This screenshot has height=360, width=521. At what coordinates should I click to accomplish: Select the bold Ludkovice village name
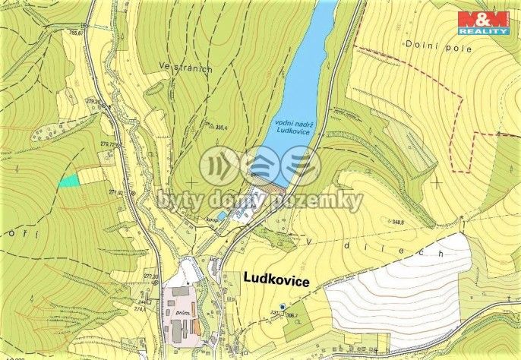click(x=276, y=281)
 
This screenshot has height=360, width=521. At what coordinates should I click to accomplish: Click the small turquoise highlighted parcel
click(x=69, y=181)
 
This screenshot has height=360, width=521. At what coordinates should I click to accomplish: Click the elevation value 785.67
click(x=75, y=33)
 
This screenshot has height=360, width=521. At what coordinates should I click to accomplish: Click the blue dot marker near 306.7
click(x=283, y=307)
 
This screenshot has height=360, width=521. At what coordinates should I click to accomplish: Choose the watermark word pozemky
click(x=321, y=201)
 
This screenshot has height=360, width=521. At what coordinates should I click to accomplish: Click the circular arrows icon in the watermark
click(x=220, y=166)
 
